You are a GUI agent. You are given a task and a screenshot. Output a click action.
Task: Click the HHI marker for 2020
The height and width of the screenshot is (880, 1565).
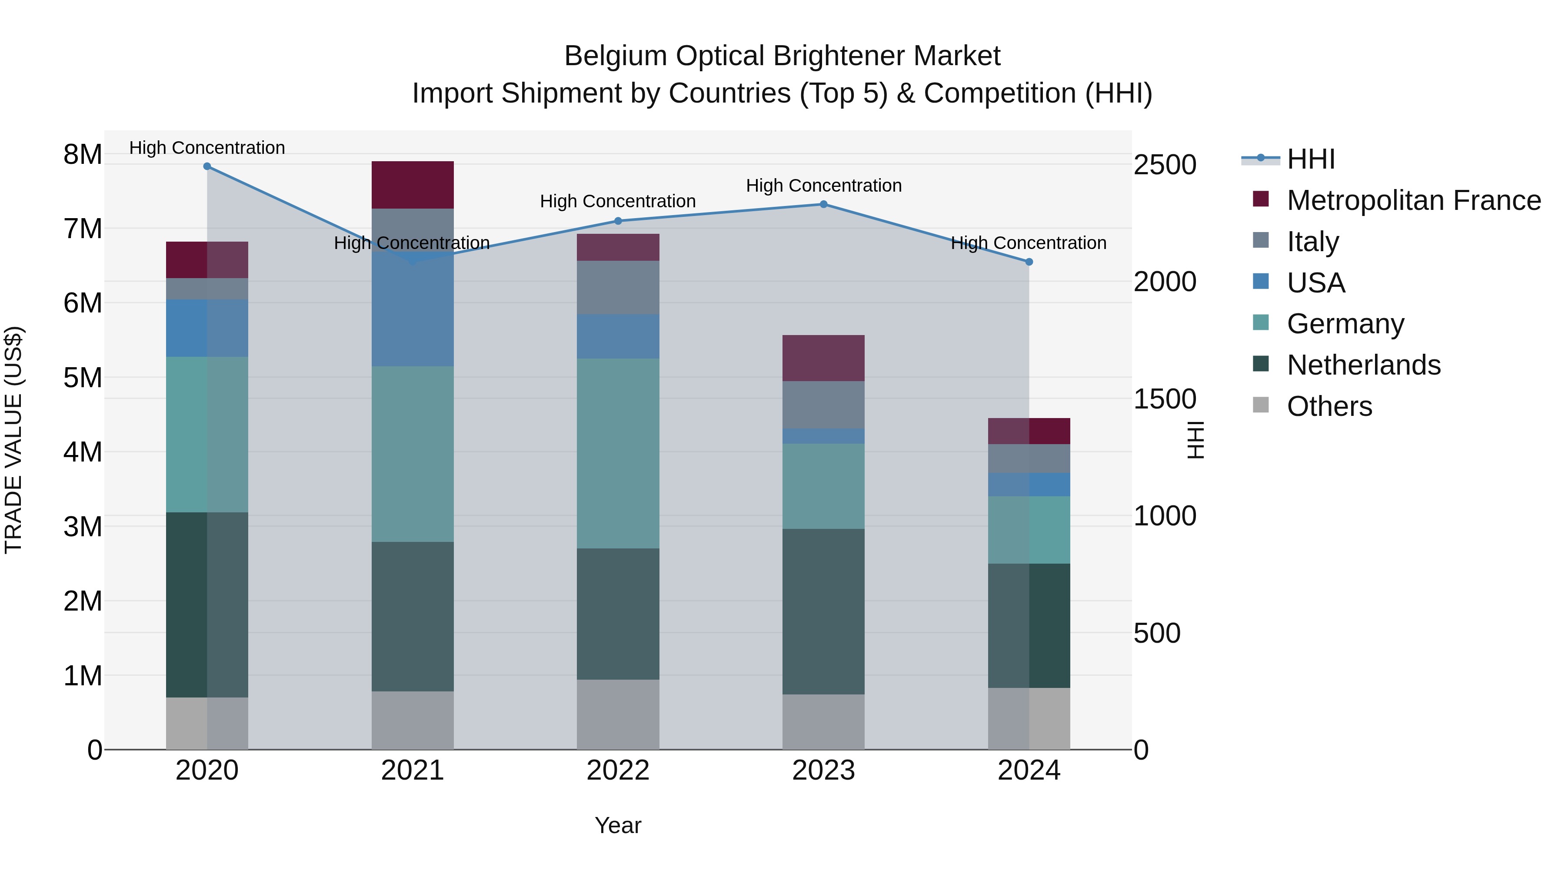(207, 166)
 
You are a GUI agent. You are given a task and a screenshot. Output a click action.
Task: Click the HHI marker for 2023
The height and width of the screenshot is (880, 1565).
(824, 204)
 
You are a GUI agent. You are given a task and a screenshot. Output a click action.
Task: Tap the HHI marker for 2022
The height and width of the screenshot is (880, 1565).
(618, 221)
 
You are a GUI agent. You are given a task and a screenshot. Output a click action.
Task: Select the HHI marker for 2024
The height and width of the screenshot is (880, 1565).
(1029, 262)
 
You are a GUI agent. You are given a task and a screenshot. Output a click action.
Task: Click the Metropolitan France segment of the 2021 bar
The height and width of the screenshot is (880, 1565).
(413, 185)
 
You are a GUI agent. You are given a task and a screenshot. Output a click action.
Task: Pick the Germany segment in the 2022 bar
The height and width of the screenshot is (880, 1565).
(618, 453)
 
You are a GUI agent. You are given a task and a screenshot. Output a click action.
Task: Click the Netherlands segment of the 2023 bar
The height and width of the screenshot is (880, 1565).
(823, 611)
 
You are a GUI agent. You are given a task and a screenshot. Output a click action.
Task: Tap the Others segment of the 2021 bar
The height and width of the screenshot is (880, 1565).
(413, 720)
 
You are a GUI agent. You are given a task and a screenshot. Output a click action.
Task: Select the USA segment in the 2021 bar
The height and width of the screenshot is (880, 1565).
(413, 316)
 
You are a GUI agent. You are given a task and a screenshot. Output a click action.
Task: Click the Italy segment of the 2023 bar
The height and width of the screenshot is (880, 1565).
(823, 405)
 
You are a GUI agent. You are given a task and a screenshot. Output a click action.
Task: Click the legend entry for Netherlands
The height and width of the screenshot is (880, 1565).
(1363, 365)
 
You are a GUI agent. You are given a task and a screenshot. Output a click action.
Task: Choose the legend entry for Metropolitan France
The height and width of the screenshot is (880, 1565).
(1413, 200)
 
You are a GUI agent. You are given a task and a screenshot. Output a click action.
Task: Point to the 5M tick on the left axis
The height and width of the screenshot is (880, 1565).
(83, 377)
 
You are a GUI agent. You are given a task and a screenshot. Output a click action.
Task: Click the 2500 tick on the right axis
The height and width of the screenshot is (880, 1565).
(1165, 165)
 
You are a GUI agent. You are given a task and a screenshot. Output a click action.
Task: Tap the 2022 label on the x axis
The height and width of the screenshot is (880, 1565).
(618, 770)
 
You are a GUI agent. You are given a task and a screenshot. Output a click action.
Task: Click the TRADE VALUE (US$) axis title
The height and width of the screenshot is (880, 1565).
(14, 440)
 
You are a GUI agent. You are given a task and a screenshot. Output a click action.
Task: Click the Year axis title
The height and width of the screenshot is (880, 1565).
(618, 825)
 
